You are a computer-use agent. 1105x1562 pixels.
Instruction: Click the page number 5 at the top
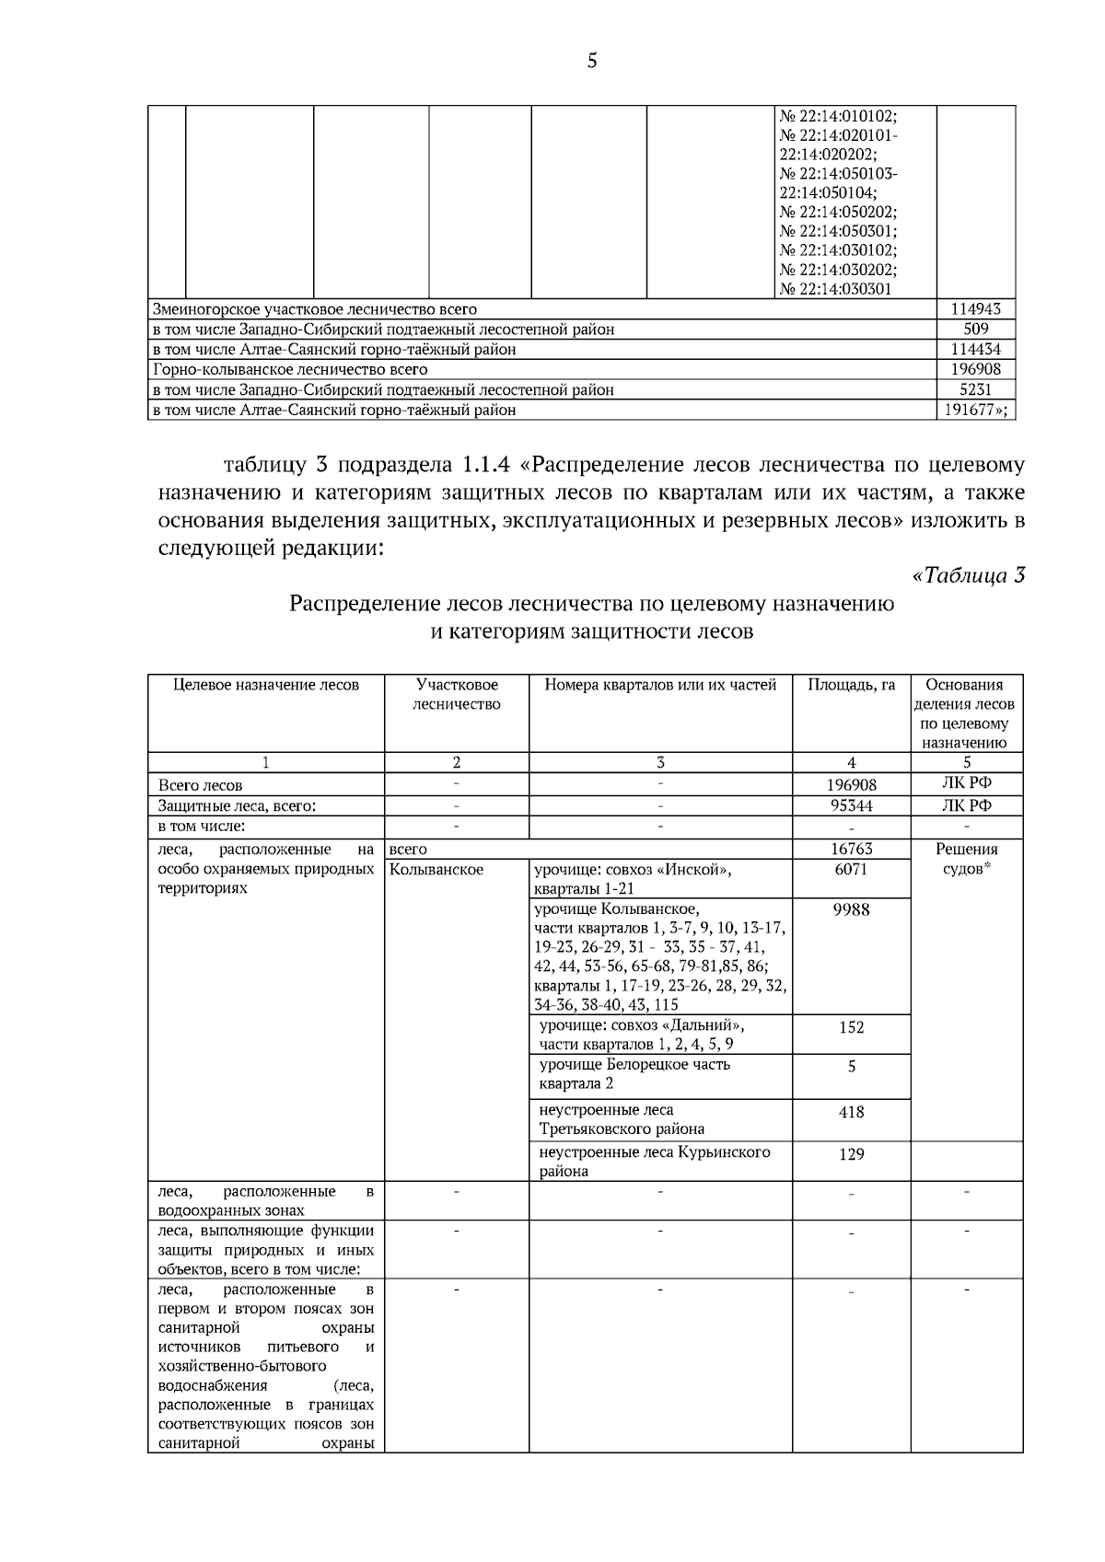coord(591,62)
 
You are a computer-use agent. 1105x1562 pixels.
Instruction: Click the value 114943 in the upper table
coord(976,309)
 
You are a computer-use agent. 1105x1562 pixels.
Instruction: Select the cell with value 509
coord(976,330)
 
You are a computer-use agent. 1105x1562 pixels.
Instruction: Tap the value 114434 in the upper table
coord(976,350)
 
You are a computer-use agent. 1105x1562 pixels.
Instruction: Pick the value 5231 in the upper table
coord(976,389)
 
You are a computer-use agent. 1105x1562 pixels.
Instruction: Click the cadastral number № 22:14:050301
coord(838,231)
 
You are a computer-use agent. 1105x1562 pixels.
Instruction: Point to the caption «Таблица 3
coord(968,576)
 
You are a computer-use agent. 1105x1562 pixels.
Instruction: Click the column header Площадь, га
coord(851,685)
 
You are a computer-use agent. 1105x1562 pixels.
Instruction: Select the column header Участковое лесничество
coord(457,694)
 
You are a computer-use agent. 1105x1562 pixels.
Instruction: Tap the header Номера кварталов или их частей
coord(660,685)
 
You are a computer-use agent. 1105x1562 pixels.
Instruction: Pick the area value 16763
coord(851,850)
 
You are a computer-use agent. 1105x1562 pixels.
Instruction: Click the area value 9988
coord(851,909)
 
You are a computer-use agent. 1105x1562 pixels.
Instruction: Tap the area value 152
coord(851,1027)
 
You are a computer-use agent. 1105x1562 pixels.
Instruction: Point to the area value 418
coord(851,1112)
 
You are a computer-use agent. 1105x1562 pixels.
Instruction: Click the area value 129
coord(851,1154)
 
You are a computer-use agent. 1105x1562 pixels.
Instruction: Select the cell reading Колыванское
coord(436,870)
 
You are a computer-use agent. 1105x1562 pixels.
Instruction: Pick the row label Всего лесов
coord(201,786)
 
